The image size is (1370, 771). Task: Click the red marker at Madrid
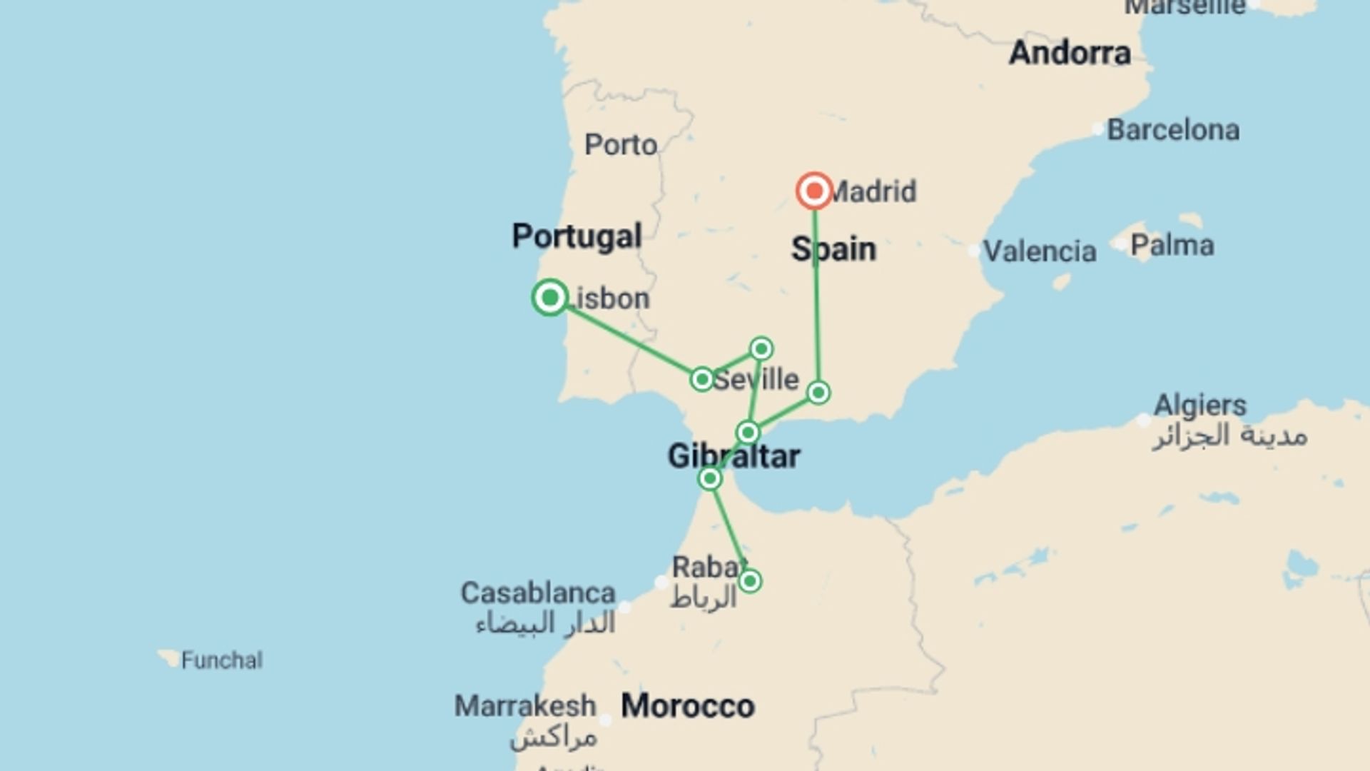click(814, 191)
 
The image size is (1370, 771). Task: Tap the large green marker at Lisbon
click(550, 297)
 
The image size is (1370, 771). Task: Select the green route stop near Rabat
click(749, 581)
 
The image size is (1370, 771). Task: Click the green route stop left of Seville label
click(702, 379)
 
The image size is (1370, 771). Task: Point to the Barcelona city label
click(1173, 131)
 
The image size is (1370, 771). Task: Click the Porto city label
click(621, 145)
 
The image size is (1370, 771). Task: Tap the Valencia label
click(1040, 251)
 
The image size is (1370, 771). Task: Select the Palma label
click(1172, 246)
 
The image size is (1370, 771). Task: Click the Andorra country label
click(1070, 54)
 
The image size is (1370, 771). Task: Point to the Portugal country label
click(577, 236)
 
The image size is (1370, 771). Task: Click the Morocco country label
click(688, 706)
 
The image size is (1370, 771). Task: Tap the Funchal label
click(221, 660)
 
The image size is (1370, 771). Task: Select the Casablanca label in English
click(537, 593)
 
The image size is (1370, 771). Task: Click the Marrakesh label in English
click(525, 706)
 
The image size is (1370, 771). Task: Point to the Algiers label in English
click(1200, 405)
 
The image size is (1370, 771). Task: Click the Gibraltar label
click(734, 456)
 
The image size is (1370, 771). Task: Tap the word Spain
click(833, 250)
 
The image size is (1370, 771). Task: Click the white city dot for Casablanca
click(625, 608)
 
